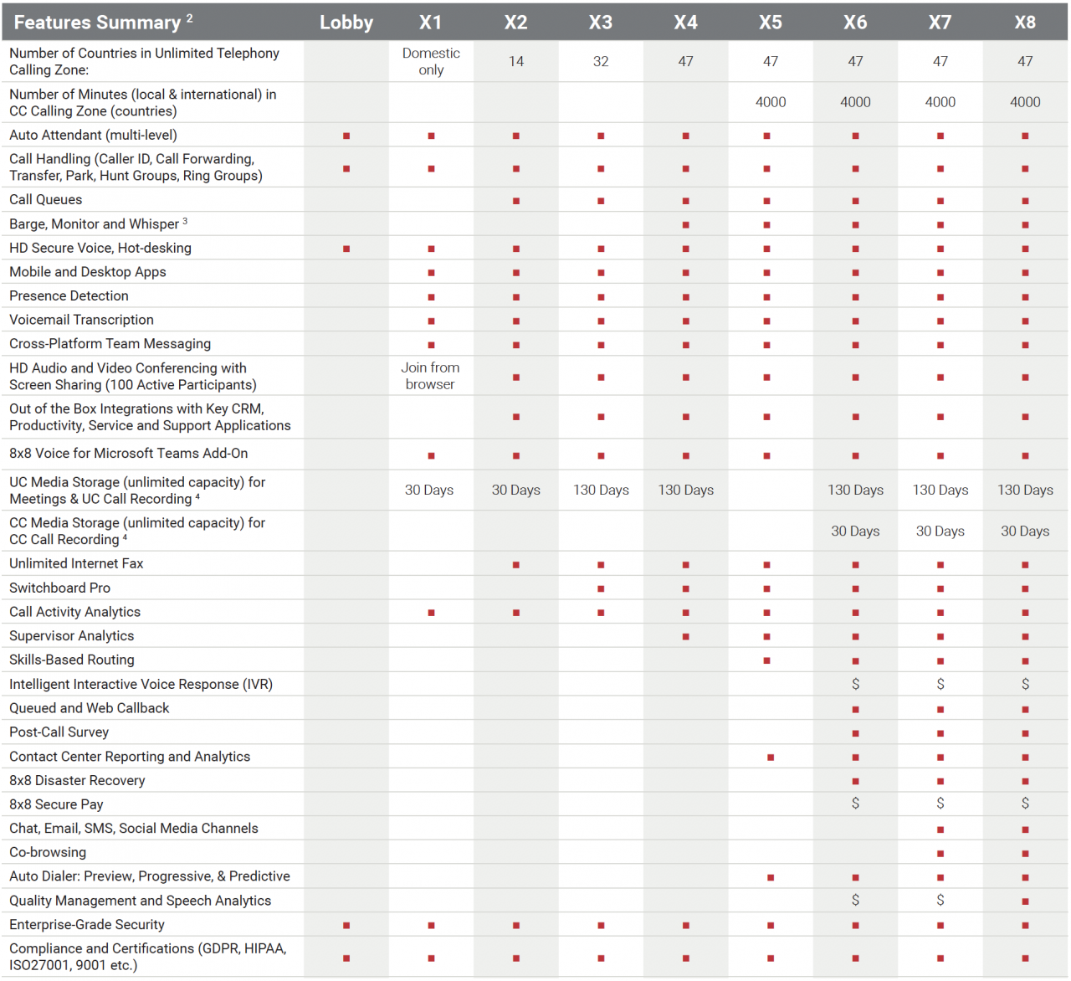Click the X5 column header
[771, 23]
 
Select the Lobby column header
[346, 23]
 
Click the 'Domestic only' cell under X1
[431, 61]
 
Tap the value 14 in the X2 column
[516, 61]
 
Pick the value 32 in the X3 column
[601, 61]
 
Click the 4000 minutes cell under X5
[771, 102]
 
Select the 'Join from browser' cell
[430, 376]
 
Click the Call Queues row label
[46, 200]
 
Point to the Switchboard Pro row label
[60, 588]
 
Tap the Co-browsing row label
[48, 853]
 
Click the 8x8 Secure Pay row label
[57, 804]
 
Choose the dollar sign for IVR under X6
[855, 685]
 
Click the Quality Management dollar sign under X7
[940, 901]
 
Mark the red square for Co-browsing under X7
[940, 854]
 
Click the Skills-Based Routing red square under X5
[767, 661]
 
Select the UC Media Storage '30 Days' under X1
[429, 490]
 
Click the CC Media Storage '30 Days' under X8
[1025, 532]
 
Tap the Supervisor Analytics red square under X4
[686, 637]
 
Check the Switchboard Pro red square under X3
[601, 589]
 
